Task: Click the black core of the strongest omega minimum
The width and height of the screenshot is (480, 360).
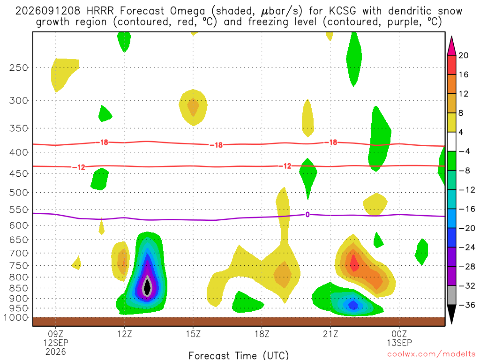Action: [147, 287]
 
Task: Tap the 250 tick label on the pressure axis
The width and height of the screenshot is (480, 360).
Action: [19, 67]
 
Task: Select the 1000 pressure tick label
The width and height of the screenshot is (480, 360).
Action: [16, 318]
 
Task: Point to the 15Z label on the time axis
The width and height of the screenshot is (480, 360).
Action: [193, 334]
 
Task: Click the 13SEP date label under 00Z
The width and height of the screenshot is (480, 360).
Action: [399, 343]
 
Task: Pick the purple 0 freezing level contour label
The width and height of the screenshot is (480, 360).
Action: [307, 215]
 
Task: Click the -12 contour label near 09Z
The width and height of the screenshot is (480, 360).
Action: [79, 167]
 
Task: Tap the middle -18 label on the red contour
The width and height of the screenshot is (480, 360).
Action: [217, 145]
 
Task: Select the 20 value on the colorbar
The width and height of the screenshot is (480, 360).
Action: [464, 55]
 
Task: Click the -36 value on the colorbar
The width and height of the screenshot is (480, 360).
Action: [467, 305]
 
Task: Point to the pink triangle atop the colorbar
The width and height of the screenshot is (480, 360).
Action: [451, 46]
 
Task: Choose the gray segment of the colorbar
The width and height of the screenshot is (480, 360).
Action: [451, 295]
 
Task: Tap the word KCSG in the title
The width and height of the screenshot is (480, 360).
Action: [343, 11]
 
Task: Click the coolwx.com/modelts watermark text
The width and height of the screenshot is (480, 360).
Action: [431, 354]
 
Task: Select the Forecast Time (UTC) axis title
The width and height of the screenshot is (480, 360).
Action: [239, 355]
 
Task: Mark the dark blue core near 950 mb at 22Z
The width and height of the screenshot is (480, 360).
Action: [353, 305]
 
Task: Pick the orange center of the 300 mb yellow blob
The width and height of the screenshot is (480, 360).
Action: [193, 106]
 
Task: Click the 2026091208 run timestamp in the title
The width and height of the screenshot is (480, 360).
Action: [48, 11]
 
